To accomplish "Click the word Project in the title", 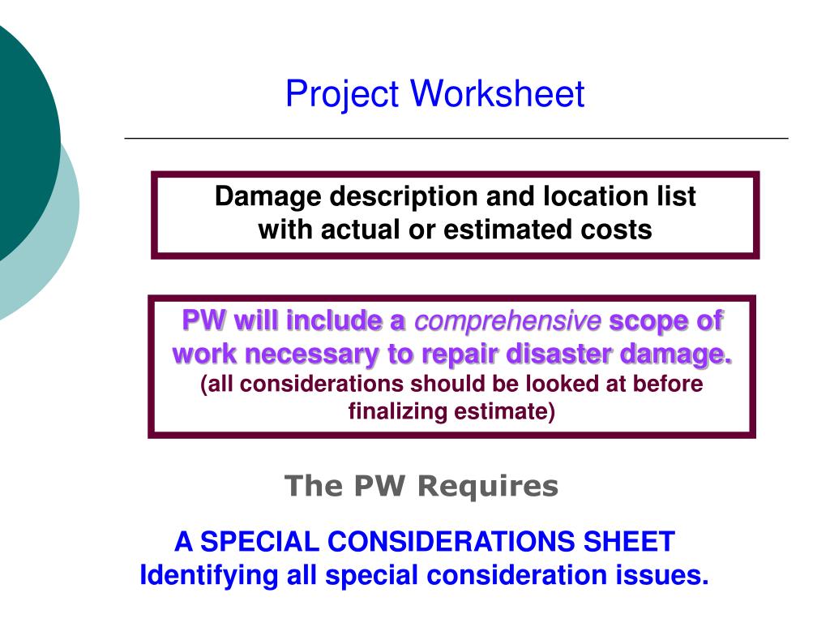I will click(x=341, y=94).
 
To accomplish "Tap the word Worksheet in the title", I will click(x=497, y=94).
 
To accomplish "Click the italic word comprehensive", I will click(x=507, y=321).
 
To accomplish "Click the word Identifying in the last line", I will click(x=209, y=575).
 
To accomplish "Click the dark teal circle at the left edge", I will click(x=20, y=138).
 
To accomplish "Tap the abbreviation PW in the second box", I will click(x=203, y=321).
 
